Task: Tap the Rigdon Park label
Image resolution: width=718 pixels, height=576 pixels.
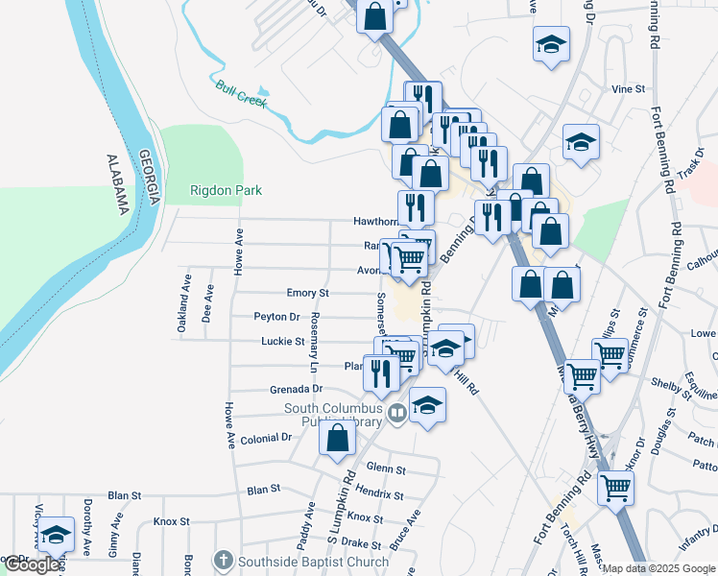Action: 226,190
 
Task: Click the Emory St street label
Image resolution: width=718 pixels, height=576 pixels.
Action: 308,293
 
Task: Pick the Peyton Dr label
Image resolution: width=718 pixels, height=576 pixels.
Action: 276,317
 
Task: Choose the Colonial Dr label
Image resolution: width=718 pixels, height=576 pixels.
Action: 266,438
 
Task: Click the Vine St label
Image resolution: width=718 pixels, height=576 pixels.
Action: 629,88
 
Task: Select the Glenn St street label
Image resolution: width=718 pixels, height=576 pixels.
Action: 386,469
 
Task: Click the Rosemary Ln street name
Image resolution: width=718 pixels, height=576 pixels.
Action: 313,345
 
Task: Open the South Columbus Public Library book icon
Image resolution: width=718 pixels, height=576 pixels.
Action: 397,414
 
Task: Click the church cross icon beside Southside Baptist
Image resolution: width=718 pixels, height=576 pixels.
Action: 223,559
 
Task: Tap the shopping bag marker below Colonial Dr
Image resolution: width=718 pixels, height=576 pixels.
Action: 338,439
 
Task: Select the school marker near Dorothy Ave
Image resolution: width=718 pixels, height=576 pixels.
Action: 56,535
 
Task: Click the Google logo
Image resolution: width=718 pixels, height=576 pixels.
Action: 31,564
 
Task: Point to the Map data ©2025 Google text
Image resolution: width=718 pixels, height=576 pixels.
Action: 658,568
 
